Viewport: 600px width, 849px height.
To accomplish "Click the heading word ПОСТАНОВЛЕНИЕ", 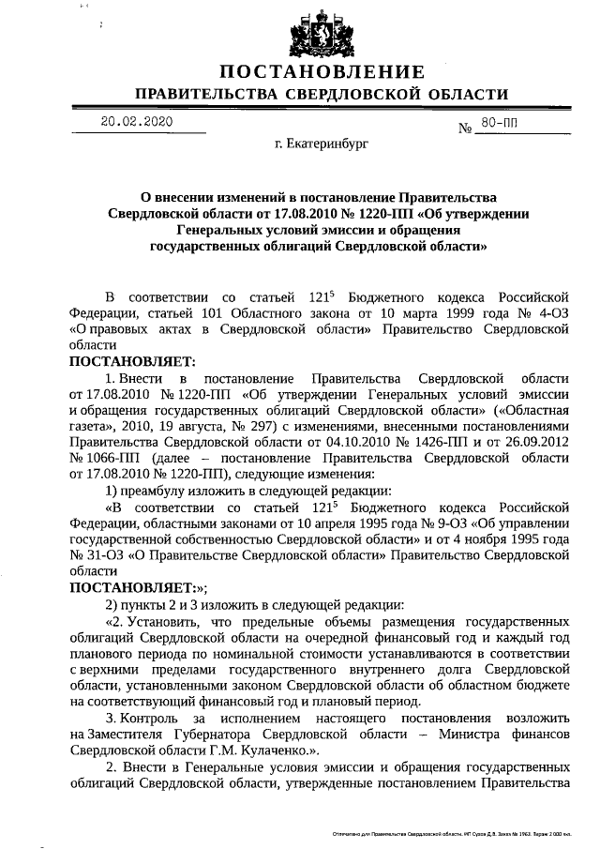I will (322, 73).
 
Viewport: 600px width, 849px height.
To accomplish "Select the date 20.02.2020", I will (136, 122).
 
